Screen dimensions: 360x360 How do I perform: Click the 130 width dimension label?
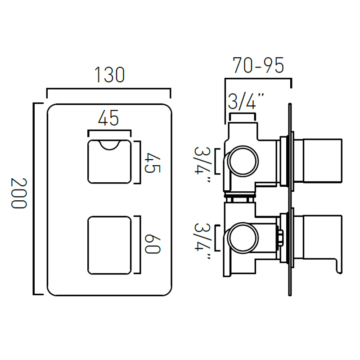coord(109,75)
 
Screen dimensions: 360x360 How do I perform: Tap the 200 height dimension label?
coord(19,193)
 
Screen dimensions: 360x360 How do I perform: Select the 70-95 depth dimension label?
coord(258,65)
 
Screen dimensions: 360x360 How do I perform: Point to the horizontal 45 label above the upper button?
coord(108,118)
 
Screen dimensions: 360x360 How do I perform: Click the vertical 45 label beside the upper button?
coord(152,162)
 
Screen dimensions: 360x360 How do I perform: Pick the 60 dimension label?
coord(152,244)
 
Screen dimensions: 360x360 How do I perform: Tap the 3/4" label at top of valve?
coord(246,101)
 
